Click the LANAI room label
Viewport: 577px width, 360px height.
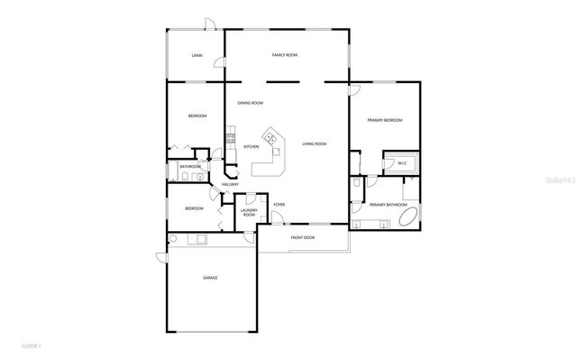(x=197, y=55)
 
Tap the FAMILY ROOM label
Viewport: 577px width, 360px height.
(x=285, y=55)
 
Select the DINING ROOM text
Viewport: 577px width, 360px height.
(x=250, y=103)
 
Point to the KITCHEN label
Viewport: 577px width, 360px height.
(x=251, y=146)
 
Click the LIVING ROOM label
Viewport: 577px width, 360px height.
(x=314, y=143)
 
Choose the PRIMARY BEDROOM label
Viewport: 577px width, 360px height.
(x=384, y=120)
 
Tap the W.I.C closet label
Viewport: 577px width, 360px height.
(x=401, y=164)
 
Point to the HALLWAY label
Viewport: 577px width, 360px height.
(x=230, y=185)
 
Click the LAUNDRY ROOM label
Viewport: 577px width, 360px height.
(x=249, y=213)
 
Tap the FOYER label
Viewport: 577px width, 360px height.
(x=279, y=205)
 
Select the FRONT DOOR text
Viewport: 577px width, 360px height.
(x=302, y=237)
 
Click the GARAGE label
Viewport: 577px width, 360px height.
(x=209, y=278)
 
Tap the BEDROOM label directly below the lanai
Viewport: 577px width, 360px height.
(x=197, y=115)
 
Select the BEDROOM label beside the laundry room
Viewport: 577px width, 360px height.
(x=194, y=208)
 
